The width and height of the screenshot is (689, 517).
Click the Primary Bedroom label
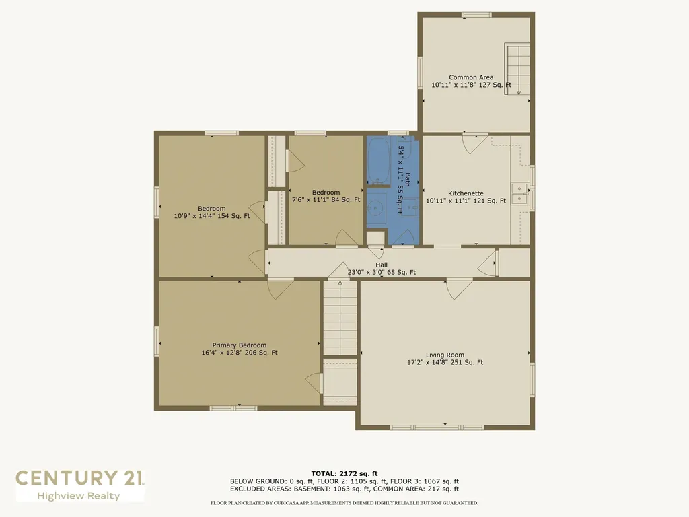pos(240,345)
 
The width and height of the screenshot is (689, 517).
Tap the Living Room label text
pos(445,355)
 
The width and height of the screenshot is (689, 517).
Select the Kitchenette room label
pos(466,193)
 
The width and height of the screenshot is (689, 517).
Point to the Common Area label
pos(471,77)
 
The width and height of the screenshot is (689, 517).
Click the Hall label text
pos(382,265)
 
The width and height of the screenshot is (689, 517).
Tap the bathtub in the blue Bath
pos(377,161)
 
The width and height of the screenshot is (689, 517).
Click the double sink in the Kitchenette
pos(519,193)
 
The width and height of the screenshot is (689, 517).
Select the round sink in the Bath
pos(376,207)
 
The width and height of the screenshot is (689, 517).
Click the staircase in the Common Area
pos(517,69)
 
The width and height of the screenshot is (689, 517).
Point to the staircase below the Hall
pos(340,318)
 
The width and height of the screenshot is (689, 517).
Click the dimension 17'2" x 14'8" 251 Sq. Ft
pos(445,362)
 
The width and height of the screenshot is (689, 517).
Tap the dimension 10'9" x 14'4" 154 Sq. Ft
pos(212,216)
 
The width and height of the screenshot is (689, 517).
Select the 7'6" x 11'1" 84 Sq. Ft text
pos(326,199)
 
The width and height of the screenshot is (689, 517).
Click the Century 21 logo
pos(79,478)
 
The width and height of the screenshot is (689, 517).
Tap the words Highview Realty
pos(79,496)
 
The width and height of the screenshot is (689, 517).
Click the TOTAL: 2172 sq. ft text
pos(344,473)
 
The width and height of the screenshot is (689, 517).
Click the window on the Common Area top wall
pos(476,15)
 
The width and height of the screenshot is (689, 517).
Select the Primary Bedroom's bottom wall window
pos(233,408)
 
